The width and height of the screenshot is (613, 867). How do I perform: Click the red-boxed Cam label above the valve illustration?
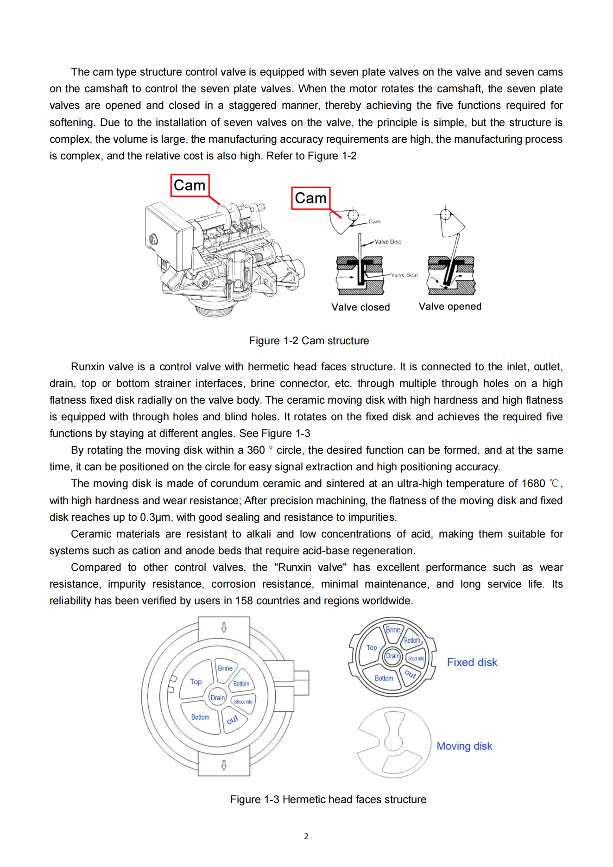190,185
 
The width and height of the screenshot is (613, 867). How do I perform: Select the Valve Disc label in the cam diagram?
388,241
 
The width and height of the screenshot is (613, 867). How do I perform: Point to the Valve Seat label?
404,275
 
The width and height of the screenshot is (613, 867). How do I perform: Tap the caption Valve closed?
360,307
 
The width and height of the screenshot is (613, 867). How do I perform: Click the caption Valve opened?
450,306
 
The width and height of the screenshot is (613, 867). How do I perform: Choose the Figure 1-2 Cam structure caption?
309,341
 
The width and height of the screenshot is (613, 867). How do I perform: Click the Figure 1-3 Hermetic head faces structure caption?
328,799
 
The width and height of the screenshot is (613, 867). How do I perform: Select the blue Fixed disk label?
472,662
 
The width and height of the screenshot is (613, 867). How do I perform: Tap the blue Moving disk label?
464,746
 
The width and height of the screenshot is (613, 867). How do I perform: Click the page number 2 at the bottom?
306,836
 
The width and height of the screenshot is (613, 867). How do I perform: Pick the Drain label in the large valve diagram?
218,697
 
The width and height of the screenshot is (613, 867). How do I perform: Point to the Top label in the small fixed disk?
372,647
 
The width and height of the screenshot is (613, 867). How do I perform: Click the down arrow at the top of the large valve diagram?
224,627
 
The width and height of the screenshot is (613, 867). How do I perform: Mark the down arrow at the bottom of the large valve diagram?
224,765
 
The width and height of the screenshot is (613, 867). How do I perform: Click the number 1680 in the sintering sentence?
533,483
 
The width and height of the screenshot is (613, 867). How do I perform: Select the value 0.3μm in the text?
155,517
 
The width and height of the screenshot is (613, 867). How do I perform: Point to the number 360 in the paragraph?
256,450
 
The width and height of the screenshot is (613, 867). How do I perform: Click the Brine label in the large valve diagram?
225,668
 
